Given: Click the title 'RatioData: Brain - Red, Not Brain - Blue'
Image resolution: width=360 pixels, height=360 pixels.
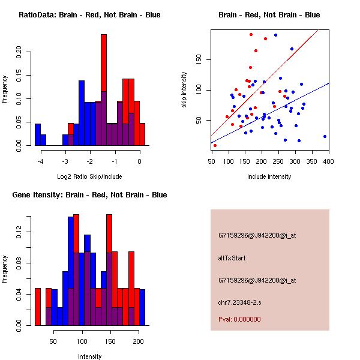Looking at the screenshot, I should click(89, 15).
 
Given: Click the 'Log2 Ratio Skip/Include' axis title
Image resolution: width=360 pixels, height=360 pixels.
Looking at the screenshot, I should click(89, 176).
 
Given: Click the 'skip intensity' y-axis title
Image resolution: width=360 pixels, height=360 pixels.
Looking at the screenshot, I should click(184, 90).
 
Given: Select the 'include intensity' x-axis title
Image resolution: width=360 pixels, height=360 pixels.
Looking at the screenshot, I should click(269, 176).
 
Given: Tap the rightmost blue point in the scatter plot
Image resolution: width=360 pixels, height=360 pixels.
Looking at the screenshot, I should click(325, 136).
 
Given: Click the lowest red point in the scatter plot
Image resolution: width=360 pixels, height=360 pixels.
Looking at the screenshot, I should click(215, 145).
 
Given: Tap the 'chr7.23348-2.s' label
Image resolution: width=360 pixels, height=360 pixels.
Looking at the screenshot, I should click(239, 301).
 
